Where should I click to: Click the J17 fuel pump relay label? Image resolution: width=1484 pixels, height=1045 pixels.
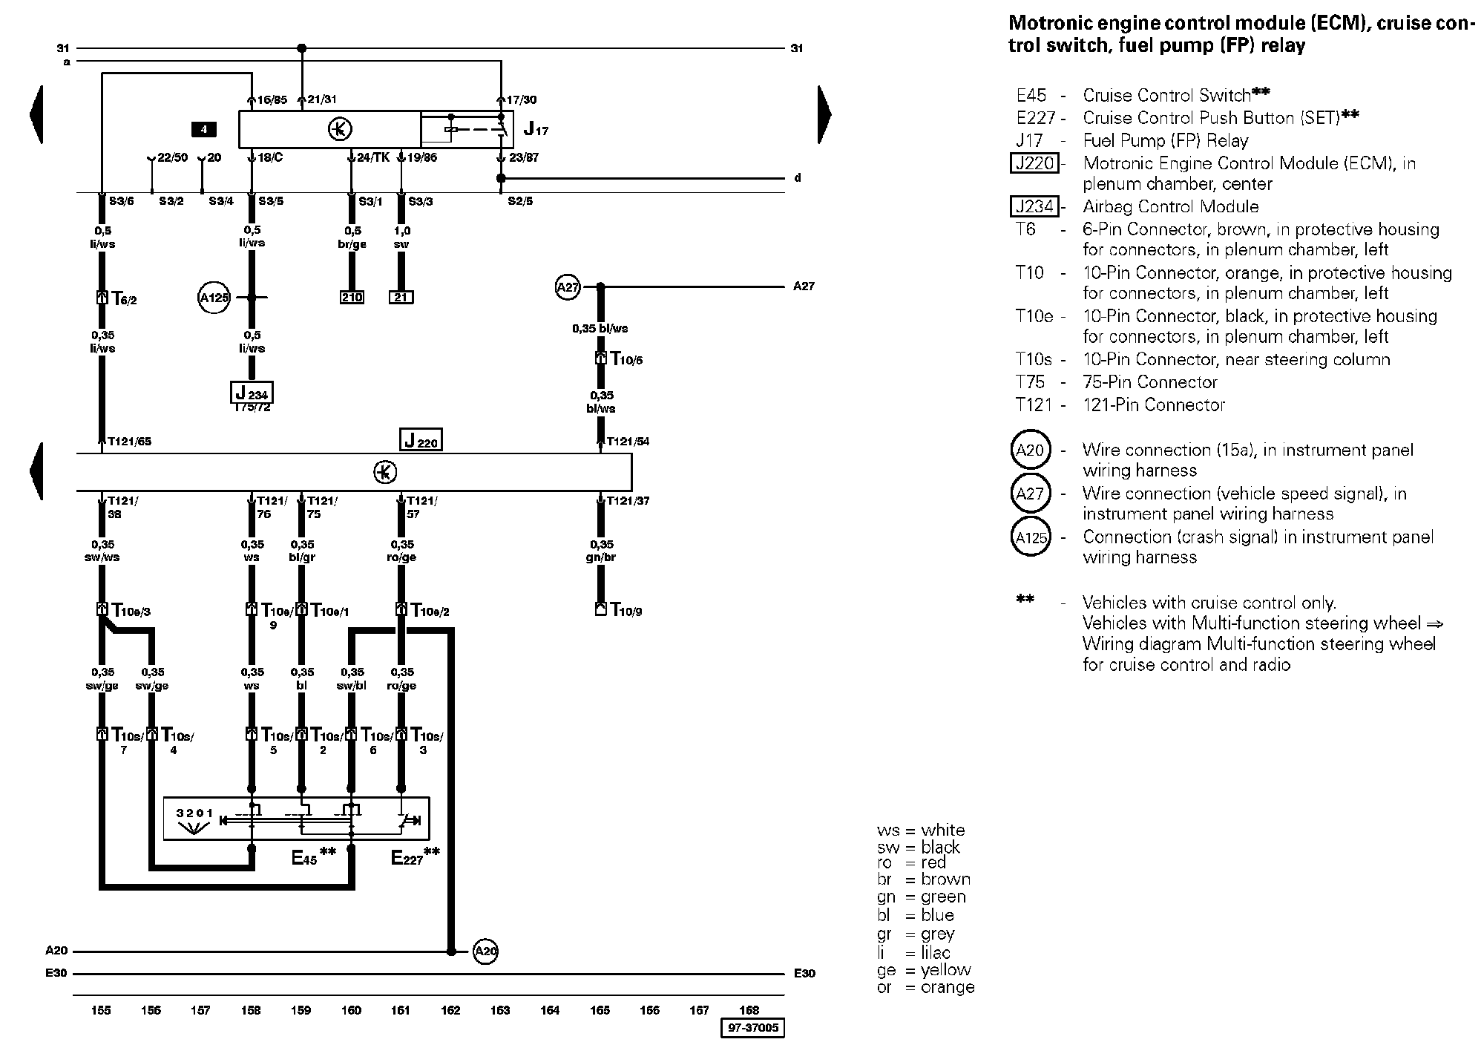pos(536,129)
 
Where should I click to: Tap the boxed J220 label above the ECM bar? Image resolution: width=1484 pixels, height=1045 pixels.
pos(421,440)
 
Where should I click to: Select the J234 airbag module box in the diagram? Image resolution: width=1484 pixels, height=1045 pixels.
pos(252,392)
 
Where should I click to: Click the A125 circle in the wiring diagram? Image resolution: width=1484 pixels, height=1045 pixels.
pos(214,298)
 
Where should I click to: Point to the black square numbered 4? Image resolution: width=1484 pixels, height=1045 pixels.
pos(203,130)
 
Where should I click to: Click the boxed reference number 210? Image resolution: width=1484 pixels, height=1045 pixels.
pos(352,298)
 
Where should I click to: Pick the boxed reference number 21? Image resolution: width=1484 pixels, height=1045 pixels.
pos(401,298)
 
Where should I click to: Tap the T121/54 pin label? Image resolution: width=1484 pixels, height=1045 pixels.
pos(628,442)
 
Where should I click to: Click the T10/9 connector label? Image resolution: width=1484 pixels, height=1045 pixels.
pos(626,611)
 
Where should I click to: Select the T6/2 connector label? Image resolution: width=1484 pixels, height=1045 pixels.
pos(123,299)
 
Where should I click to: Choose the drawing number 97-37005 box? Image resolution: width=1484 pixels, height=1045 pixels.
pos(752,1028)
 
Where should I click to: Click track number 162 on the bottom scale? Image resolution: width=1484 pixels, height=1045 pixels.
pos(450,1010)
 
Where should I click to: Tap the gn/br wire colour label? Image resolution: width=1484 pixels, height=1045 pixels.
pos(601,557)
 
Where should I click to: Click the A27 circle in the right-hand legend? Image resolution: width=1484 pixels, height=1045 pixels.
pos(1031,493)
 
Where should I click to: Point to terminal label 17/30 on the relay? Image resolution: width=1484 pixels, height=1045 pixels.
pos(522,100)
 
